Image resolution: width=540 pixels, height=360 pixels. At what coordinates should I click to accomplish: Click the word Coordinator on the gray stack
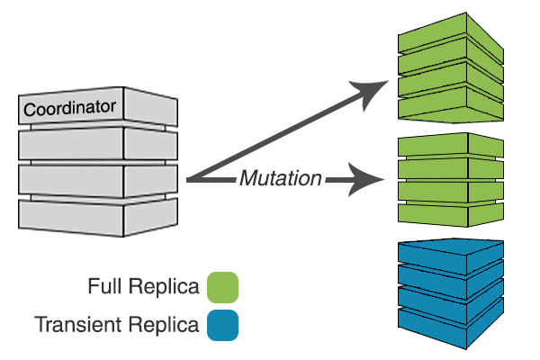click(x=70, y=109)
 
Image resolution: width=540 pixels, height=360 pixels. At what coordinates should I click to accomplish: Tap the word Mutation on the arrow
click(x=280, y=178)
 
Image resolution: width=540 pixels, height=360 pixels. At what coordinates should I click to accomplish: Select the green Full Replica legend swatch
click(x=222, y=288)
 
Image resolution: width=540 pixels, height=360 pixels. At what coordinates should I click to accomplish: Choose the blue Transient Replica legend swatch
click(x=222, y=325)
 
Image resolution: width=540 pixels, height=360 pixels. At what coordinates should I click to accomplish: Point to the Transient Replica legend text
click(x=117, y=325)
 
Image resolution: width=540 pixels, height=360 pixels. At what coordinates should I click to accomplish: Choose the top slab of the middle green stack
click(x=447, y=145)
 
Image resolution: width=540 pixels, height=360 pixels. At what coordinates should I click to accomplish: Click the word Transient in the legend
click(x=73, y=325)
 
